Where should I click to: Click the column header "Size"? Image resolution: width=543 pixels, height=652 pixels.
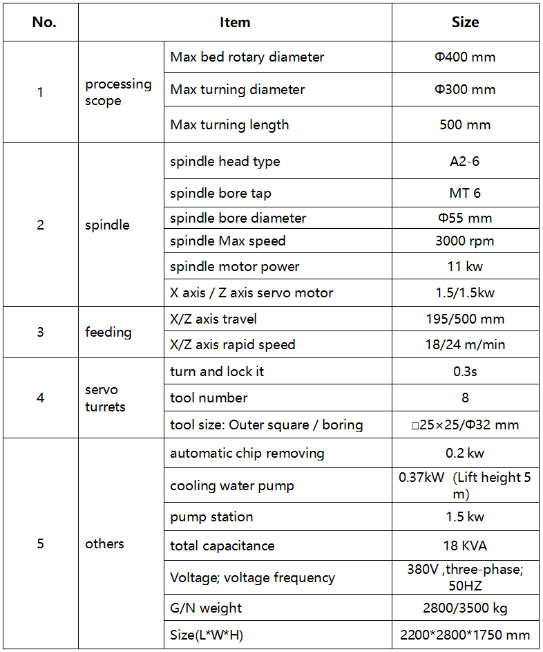click(465, 22)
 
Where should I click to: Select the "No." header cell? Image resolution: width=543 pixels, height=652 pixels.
click(44, 22)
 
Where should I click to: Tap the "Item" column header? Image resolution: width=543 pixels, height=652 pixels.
click(235, 22)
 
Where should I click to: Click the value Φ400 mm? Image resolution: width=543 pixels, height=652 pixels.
click(465, 57)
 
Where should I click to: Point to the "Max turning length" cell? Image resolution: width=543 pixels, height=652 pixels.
click(229, 125)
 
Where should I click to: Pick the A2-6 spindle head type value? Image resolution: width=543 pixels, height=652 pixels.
click(465, 162)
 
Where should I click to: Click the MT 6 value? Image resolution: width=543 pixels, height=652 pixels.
click(465, 193)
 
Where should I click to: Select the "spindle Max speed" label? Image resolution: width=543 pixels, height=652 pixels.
click(227, 241)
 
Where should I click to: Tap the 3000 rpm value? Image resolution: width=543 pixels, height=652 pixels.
click(465, 241)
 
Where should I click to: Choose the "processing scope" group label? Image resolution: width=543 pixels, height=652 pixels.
click(118, 92)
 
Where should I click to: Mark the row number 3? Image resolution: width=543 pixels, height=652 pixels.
click(40, 332)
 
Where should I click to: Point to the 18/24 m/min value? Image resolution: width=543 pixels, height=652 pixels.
click(465, 344)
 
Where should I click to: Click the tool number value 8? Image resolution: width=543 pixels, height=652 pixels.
click(465, 398)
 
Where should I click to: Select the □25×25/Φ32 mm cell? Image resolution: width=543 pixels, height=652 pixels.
click(465, 425)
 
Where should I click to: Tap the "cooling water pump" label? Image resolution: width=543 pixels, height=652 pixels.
click(231, 486)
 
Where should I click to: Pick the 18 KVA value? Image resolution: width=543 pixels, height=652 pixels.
click(465, 546)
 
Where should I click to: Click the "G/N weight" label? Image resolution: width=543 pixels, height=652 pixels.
click(206, 608)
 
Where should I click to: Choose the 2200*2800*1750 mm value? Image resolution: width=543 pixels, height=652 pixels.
click(465, 635)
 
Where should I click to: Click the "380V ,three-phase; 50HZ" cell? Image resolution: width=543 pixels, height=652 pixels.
click(465, 577)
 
